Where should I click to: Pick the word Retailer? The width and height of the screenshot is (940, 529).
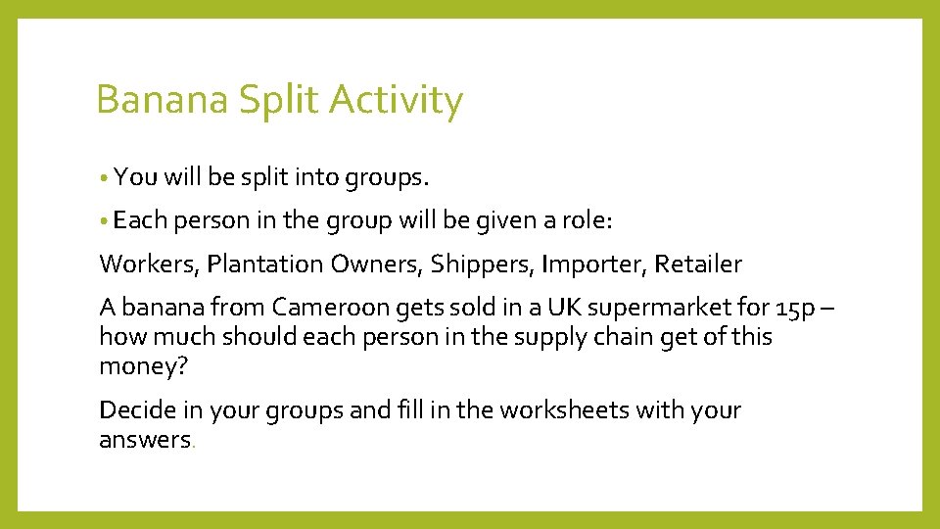(698, 264)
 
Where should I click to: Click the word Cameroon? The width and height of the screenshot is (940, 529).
(330, 308)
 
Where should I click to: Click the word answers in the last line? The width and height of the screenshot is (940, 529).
(145, 440)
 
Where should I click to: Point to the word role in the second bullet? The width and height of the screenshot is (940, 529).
(587, 222)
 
